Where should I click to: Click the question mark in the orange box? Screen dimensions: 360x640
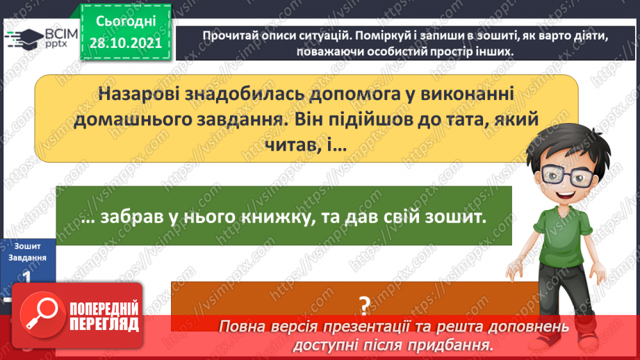tap(363, 304)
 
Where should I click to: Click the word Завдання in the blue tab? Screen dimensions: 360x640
tap(27, 257)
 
